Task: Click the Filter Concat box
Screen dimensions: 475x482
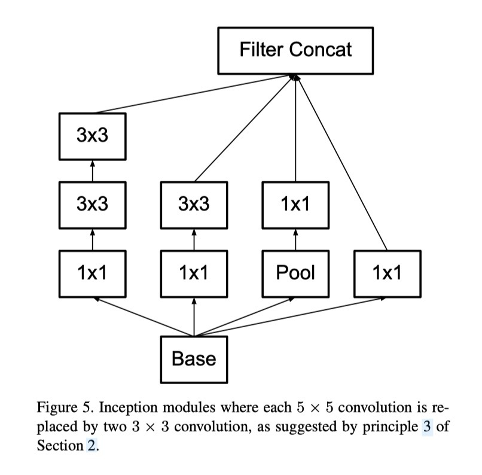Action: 295,49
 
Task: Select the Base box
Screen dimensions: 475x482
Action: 194,359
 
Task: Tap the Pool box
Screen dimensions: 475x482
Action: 295,273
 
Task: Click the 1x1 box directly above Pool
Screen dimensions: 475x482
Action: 295,205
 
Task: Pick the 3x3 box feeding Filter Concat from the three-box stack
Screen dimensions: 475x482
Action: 93,136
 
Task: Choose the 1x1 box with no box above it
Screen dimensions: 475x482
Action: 387,273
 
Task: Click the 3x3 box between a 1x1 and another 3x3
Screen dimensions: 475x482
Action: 93,205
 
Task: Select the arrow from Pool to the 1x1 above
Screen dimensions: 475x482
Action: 295,239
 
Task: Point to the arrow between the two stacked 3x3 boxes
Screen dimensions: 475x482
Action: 93,170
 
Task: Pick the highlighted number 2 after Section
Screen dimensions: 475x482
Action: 91,446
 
